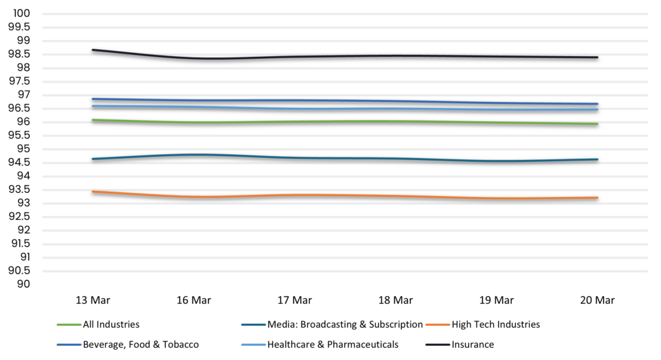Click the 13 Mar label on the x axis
click(92, 300)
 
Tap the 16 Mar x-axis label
click(193, 300)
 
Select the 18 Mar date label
click(395, 300)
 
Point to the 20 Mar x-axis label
click(597, 300)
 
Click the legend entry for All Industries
click(110, 325)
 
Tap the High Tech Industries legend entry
click(496, 325)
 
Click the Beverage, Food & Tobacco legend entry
click(140, 345)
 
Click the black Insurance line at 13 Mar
click(93, 50)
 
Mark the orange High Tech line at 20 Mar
click(597, 197)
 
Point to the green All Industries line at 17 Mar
click(294, 121)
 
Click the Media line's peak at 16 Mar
click(193, 155)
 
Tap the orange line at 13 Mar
click(93, 192)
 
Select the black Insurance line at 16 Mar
click(193, 58)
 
